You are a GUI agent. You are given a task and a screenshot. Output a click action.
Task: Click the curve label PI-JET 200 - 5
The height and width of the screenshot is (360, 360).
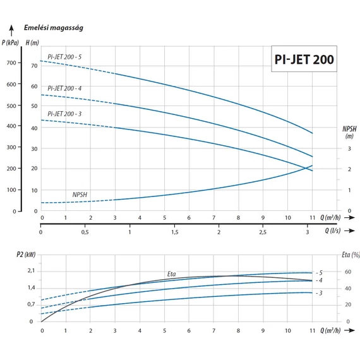pyautogui.click(x=64, y=57)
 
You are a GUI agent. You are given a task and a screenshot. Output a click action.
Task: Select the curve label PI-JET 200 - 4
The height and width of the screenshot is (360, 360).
pyautogui.click(x=64, y=88)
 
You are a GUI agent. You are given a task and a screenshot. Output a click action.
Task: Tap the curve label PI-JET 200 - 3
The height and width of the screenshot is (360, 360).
pyautogui.click(x=64, y=113)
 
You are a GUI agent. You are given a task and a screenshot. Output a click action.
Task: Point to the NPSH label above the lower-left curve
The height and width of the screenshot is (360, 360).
pyautogui.click(x=81, y=195)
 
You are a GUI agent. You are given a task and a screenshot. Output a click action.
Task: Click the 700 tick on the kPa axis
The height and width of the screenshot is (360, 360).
pyautogui.click(x=14, y=63)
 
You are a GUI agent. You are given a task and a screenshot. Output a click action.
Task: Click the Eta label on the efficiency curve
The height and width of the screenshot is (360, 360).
pyautogui.click(x=171, y=274)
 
